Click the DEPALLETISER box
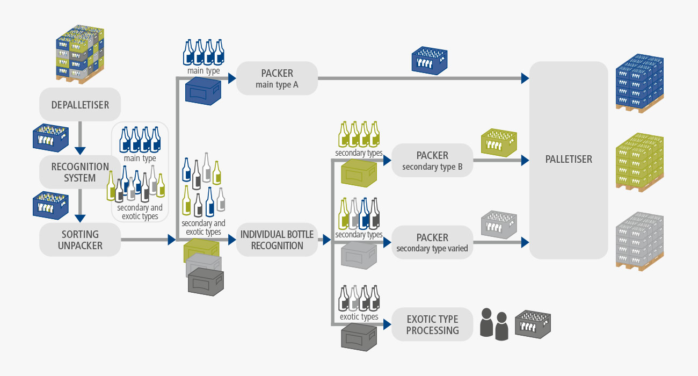coord(80,104)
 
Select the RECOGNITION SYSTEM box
coord(80,172)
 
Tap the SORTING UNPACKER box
coord(80,240)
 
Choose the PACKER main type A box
coord(277,78)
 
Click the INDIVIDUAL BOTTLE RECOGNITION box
coord(277,240)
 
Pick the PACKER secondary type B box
coord(432,161)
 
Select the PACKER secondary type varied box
coord(432,242)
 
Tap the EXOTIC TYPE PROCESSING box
coord(432,324)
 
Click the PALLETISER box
coord(568,160)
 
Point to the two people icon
coord(494,324)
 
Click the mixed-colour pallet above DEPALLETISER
coord(80,54)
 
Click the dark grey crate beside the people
coord(533,323)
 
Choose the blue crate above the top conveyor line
coord(429,60)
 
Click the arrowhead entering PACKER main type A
coord(232,78)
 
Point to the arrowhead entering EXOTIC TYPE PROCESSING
coord(387,324)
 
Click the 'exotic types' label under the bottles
coord(359,317)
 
